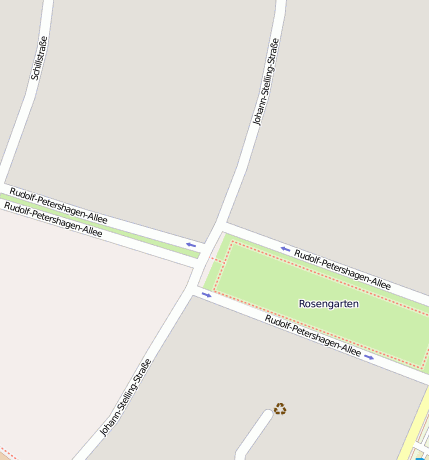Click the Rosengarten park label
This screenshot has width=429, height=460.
pyautogui.click(x=328, y=302)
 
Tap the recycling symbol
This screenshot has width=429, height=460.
pyautogui.click(x=280, y=408)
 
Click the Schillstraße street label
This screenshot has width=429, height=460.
pyautogui.click(x=39, y=57)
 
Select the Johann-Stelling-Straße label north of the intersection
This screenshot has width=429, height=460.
pyautogui.click(x=266, y=82)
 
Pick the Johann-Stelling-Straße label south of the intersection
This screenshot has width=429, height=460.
pyautogui.click(x=126, y=397)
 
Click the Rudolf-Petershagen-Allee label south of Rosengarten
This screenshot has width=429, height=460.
pyautogui.click(x=313, y=335)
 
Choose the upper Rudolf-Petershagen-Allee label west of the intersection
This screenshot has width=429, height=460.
pyautogui.click(x=58, y=204)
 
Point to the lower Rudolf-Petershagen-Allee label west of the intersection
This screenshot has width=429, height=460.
pyautogui.click(x=53, y=220)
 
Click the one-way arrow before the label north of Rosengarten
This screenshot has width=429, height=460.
pyautogui.click(x=285, y=248)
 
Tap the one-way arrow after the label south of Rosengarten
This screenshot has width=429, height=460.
pyautogui.click(x=369, y=356)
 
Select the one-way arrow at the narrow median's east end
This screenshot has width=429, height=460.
pyautogui.click(x=191, y=244)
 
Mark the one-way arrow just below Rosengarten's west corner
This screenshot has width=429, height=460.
pyautogui.click(x=207, y=294)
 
